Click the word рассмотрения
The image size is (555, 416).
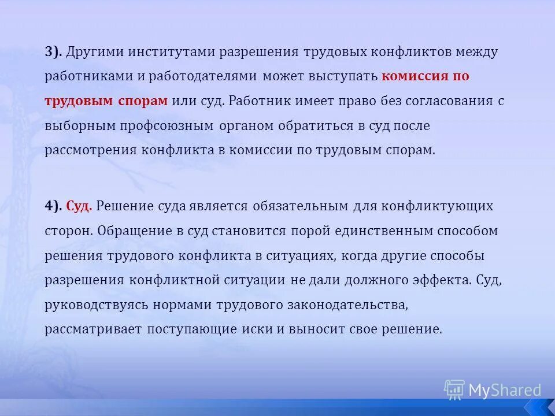(91, 151)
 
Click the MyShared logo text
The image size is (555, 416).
(504, 390)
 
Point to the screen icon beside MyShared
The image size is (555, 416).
(454, 389)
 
